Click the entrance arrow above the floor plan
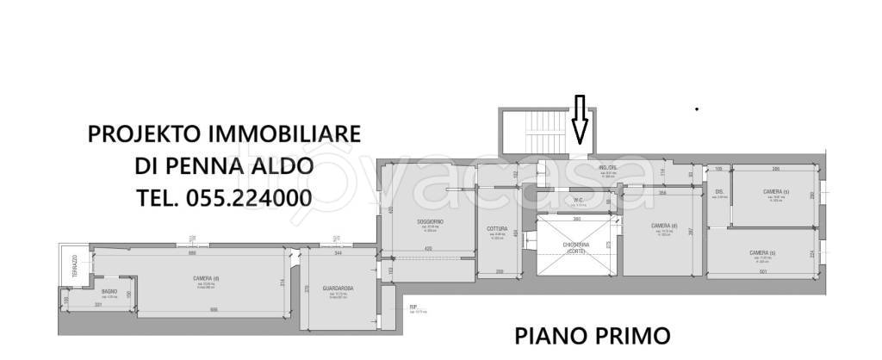tap(580, 120)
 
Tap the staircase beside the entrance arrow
tap(522, 133)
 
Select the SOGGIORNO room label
tap(430, 222)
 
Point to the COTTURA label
tap(497, 228)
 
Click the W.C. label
tap(578, 201)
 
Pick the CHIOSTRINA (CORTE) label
tap(575, 247)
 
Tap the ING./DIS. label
tap(608, 167)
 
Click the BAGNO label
tap(109, 292)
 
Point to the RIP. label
tap(413, 306)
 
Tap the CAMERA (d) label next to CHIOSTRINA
tap(662, 226)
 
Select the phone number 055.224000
tap(247, 197)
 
